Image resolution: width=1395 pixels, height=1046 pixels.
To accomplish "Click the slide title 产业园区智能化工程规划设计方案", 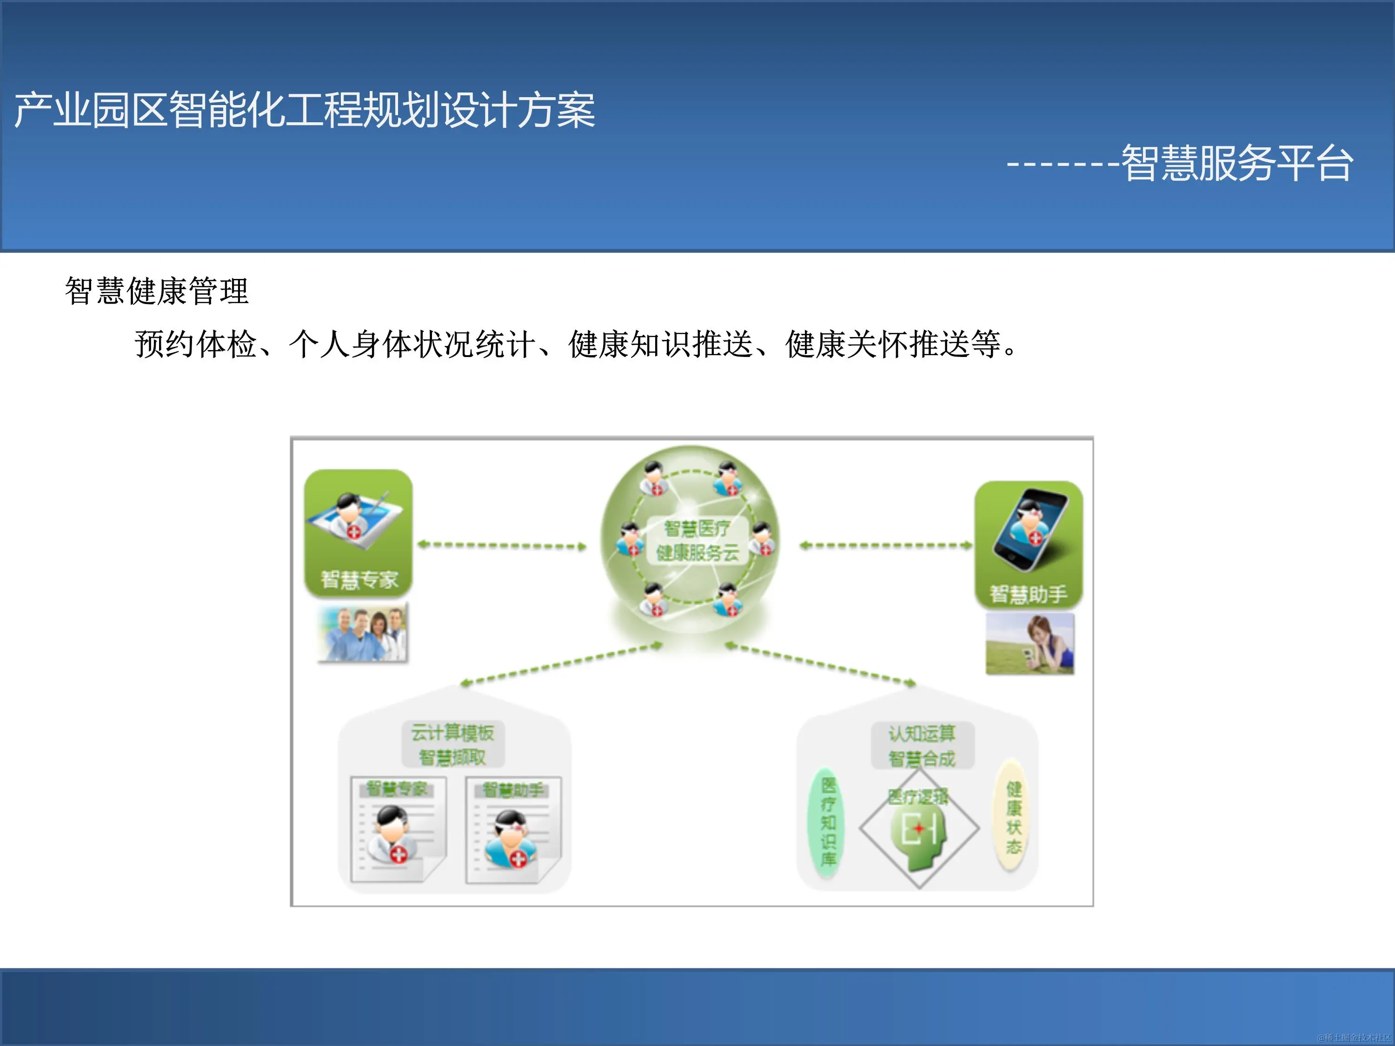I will click(x=305, y=110).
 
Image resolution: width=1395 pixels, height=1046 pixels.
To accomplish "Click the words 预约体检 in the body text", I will click(x=195, y=344).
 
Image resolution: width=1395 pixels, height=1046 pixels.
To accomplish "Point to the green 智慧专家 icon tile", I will click(x=358, y=533).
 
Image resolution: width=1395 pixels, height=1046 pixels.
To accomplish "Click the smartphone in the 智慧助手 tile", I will click(x=1030, y=530).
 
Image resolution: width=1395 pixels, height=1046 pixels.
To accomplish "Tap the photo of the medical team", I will click(x=363, y=632).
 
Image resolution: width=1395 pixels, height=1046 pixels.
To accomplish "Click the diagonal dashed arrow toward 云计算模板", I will click(x=561, y=664).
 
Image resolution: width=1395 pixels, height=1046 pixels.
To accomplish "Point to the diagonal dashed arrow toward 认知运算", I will click(x=820, y=664).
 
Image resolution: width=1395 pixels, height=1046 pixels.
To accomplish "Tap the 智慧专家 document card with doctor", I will click(x=398, y=828).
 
